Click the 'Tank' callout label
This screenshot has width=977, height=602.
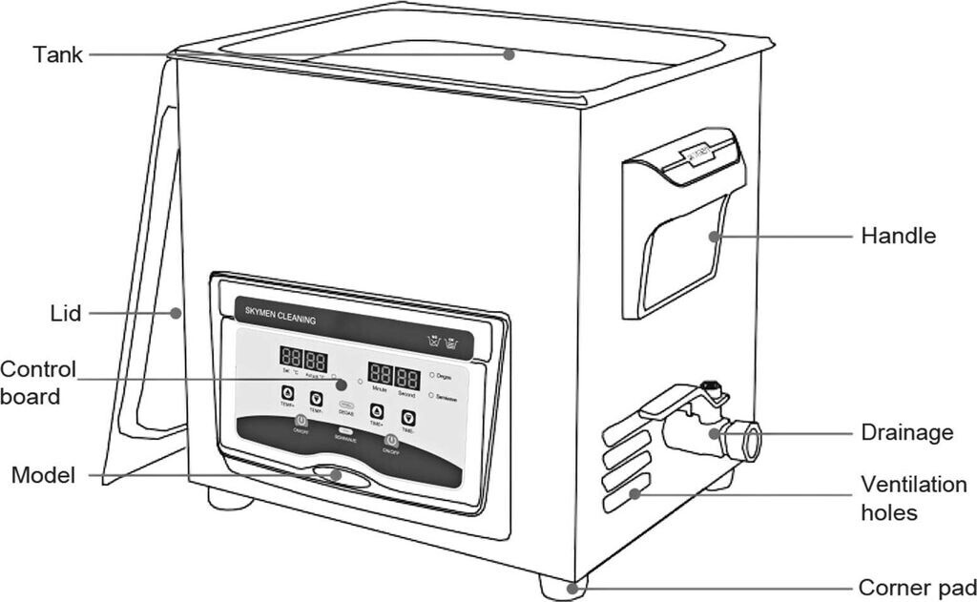57,54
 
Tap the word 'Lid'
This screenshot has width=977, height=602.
66,312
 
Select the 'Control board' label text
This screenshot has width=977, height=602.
38,382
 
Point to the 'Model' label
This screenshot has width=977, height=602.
42,474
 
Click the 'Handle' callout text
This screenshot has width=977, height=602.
898,235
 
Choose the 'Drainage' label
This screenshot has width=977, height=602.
906,432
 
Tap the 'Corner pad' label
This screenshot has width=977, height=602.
917,587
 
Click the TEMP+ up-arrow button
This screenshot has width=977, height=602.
287,393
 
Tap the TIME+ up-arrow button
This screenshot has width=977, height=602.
376,411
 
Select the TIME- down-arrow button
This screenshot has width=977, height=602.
408,417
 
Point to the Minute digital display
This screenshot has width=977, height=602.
380,373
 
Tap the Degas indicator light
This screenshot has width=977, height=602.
432,375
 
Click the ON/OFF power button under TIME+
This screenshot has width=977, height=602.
389,441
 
